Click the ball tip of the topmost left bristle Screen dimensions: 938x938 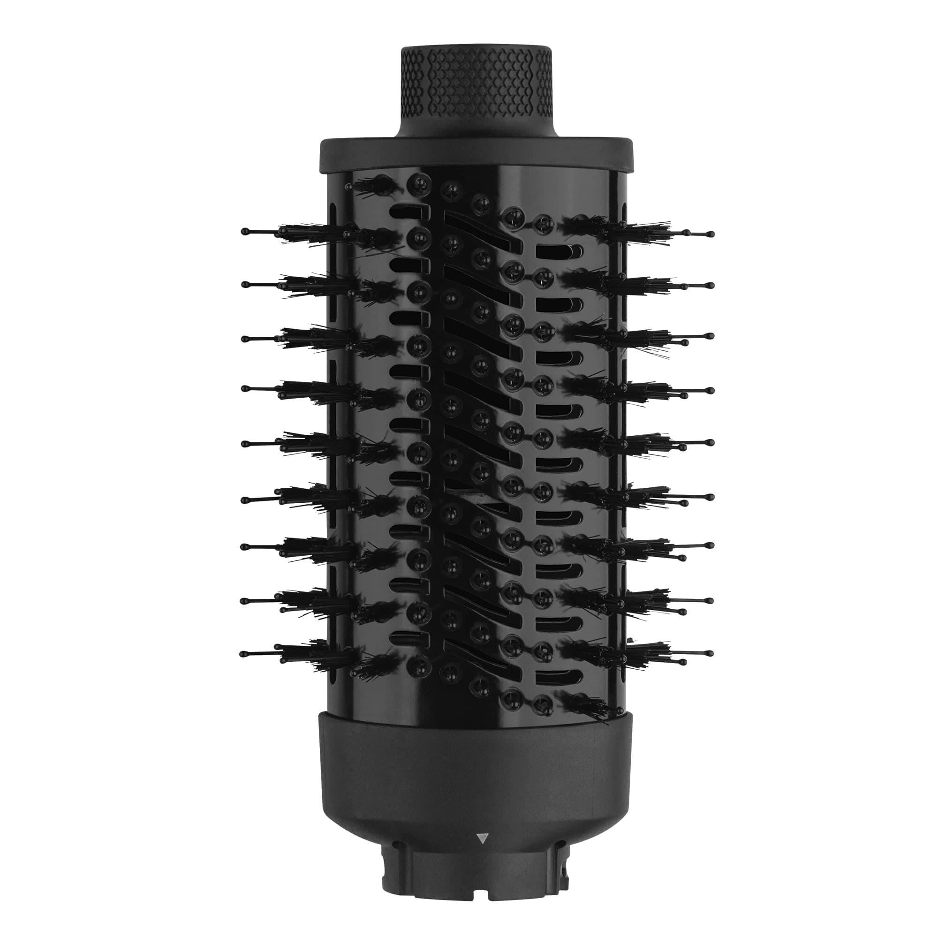tap(244, 231)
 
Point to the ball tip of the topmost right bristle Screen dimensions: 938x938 tap(711, 234)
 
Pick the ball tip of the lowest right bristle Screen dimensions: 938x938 tap(711, 653)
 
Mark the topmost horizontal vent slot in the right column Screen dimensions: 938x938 tap(558, 250)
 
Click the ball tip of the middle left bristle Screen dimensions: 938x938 tap(244, 443)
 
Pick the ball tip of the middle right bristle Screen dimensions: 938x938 tap(711, 442)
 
